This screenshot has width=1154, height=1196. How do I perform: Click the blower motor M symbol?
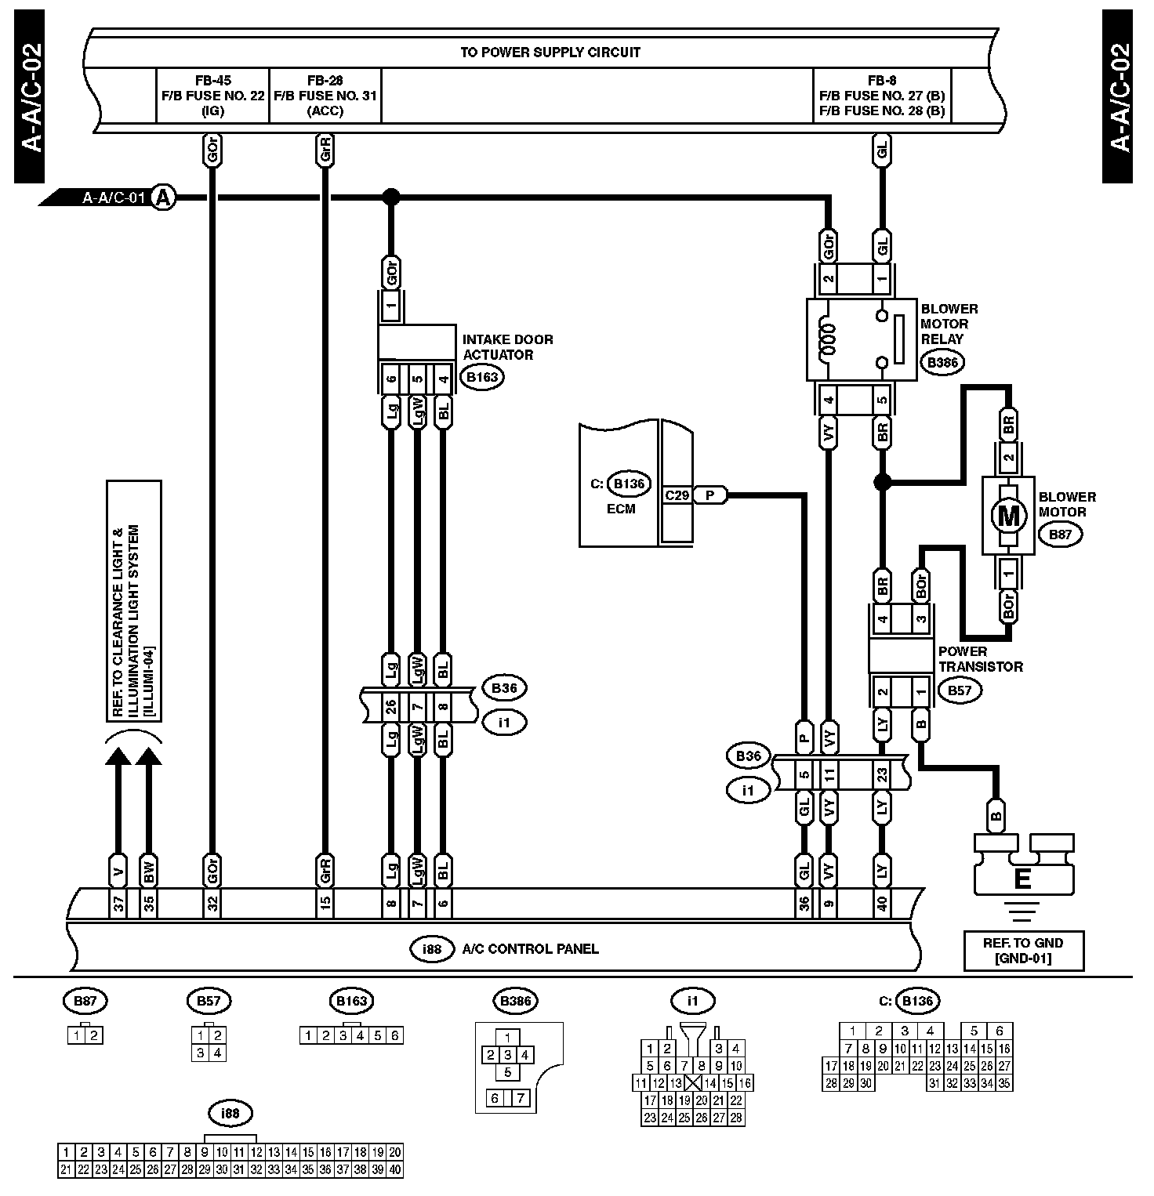tap(1008, 516)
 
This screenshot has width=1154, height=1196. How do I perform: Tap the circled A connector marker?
tap(163, 198)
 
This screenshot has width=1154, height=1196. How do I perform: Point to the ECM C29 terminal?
tap(677, 495)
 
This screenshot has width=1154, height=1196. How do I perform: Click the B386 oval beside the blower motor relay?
tap(942, 362)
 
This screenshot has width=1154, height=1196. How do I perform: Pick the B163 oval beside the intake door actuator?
tap(481, 377)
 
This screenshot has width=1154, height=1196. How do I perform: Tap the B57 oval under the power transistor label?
tap(960, 690)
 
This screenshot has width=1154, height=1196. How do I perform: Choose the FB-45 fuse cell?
tap(212, 96)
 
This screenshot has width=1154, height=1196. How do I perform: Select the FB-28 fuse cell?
tap(325, 96)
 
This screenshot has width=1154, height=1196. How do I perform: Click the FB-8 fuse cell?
tap(883, 96)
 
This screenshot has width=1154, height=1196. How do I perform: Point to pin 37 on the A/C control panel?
tap(118, 903)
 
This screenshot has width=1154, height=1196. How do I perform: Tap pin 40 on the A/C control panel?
tap(883, 903)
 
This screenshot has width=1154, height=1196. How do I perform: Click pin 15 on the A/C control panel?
tap(325, 903)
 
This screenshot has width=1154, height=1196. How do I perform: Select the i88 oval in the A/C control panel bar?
tap(432, 949)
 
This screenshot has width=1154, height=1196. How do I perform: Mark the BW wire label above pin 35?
tap(149, 870)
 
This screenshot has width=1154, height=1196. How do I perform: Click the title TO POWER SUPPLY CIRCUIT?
tap(550, 53)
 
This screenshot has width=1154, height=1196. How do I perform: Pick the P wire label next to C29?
tap(710, 495)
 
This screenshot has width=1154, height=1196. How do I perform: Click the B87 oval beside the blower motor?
tap(1060, 535)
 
